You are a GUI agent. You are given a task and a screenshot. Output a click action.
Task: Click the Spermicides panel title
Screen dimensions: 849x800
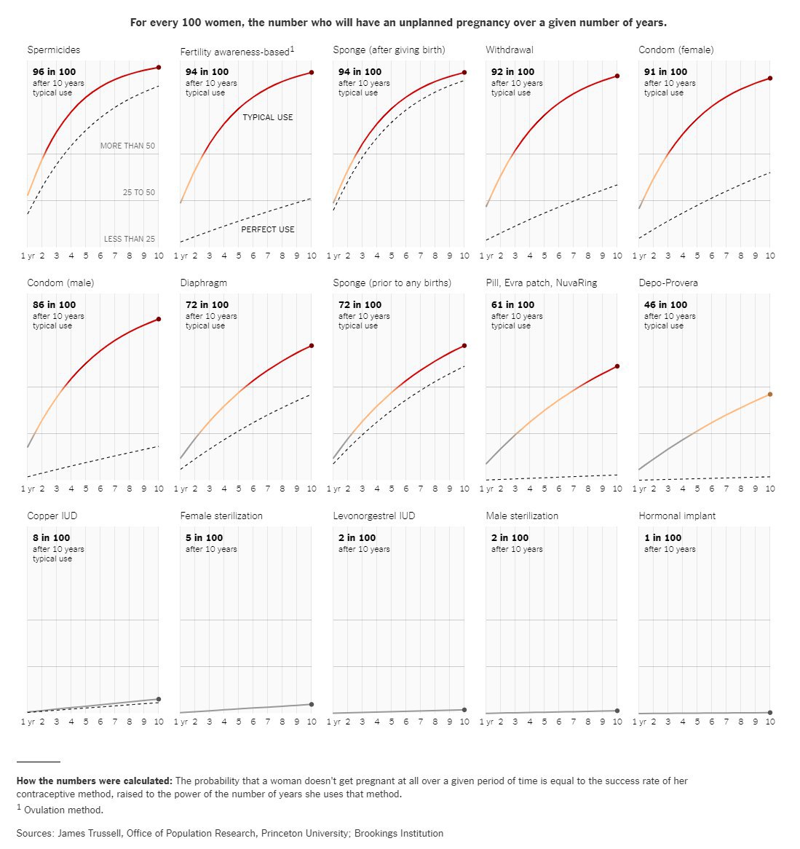(x=54, y=50)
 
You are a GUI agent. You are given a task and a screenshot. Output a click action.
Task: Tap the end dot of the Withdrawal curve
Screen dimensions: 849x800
(x=617, y=76)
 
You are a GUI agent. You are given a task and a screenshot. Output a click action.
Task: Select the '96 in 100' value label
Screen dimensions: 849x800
(x=55, y=71)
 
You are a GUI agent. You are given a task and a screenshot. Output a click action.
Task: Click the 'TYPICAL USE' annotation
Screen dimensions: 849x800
(x=268, y=117)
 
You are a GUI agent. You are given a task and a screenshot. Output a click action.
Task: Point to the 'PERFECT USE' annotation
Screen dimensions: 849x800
(x=268, y=229)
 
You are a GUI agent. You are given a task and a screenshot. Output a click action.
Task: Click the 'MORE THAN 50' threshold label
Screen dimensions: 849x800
(x=127, y=146)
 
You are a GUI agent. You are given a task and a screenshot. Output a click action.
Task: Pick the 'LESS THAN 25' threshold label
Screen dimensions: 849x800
(x=129, y=239)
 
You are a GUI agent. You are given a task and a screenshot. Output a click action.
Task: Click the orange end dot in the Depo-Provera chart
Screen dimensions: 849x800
(x=770, y=395)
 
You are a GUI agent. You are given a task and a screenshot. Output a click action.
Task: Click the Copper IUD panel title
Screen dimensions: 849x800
(x=52, y=516)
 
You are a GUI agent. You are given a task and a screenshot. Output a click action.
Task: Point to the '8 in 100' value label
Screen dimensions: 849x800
(x=52, y=537)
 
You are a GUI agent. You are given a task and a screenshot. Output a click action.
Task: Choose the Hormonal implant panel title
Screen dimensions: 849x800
(x=677, y=516)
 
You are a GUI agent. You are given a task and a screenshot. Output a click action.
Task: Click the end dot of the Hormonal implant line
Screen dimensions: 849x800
(x=770, y=713)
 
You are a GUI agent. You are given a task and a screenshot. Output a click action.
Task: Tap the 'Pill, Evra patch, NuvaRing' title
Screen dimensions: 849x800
(x=542, y=283)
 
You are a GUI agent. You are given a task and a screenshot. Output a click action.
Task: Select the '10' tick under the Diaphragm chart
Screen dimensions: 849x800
(x=312, y=489)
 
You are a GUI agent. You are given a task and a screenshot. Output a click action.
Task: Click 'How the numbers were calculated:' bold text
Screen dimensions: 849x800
(x=95, y=781)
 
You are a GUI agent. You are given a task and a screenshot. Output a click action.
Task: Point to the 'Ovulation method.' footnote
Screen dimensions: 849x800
(x=63, y=810)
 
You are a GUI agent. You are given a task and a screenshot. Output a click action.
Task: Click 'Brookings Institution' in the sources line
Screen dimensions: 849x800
(x=399, y=833)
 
